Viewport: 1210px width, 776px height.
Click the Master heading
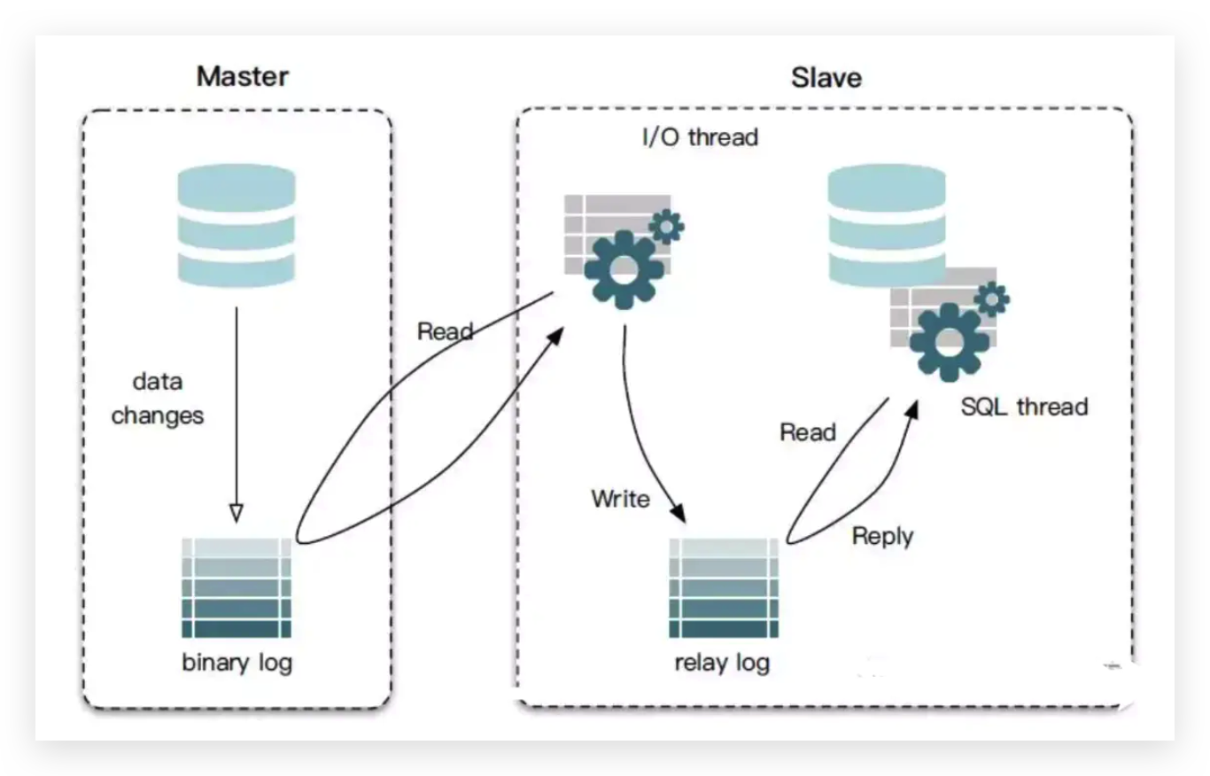(243, 76)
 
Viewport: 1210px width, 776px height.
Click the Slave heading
(826, 77)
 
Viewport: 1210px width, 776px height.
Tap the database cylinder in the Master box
(237, 225)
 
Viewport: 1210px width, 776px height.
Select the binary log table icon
(237, 588)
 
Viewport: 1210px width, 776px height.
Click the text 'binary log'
(237, 663)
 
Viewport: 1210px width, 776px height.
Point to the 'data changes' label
(157, 399)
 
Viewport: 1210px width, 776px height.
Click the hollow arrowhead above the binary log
(237, 513)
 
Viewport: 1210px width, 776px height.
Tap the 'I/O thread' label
(700, 137)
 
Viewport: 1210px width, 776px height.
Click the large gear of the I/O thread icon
(624, 269)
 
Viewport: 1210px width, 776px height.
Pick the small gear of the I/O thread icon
(667, 227)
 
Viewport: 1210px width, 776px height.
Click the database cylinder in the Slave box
(887, 225)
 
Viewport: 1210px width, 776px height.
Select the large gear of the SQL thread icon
(950, 342)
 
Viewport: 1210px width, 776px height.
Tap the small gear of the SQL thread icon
(992, 299)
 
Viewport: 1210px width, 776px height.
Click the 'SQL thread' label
(1024, 407)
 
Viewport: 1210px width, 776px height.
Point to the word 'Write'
(621, 499)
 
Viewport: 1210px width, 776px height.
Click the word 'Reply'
(882, 537)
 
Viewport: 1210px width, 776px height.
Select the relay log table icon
(724, 588)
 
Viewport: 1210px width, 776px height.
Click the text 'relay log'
(722, 663)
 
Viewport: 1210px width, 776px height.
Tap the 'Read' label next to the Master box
(445, 331)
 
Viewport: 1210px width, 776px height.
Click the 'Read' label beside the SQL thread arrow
(808, 432)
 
